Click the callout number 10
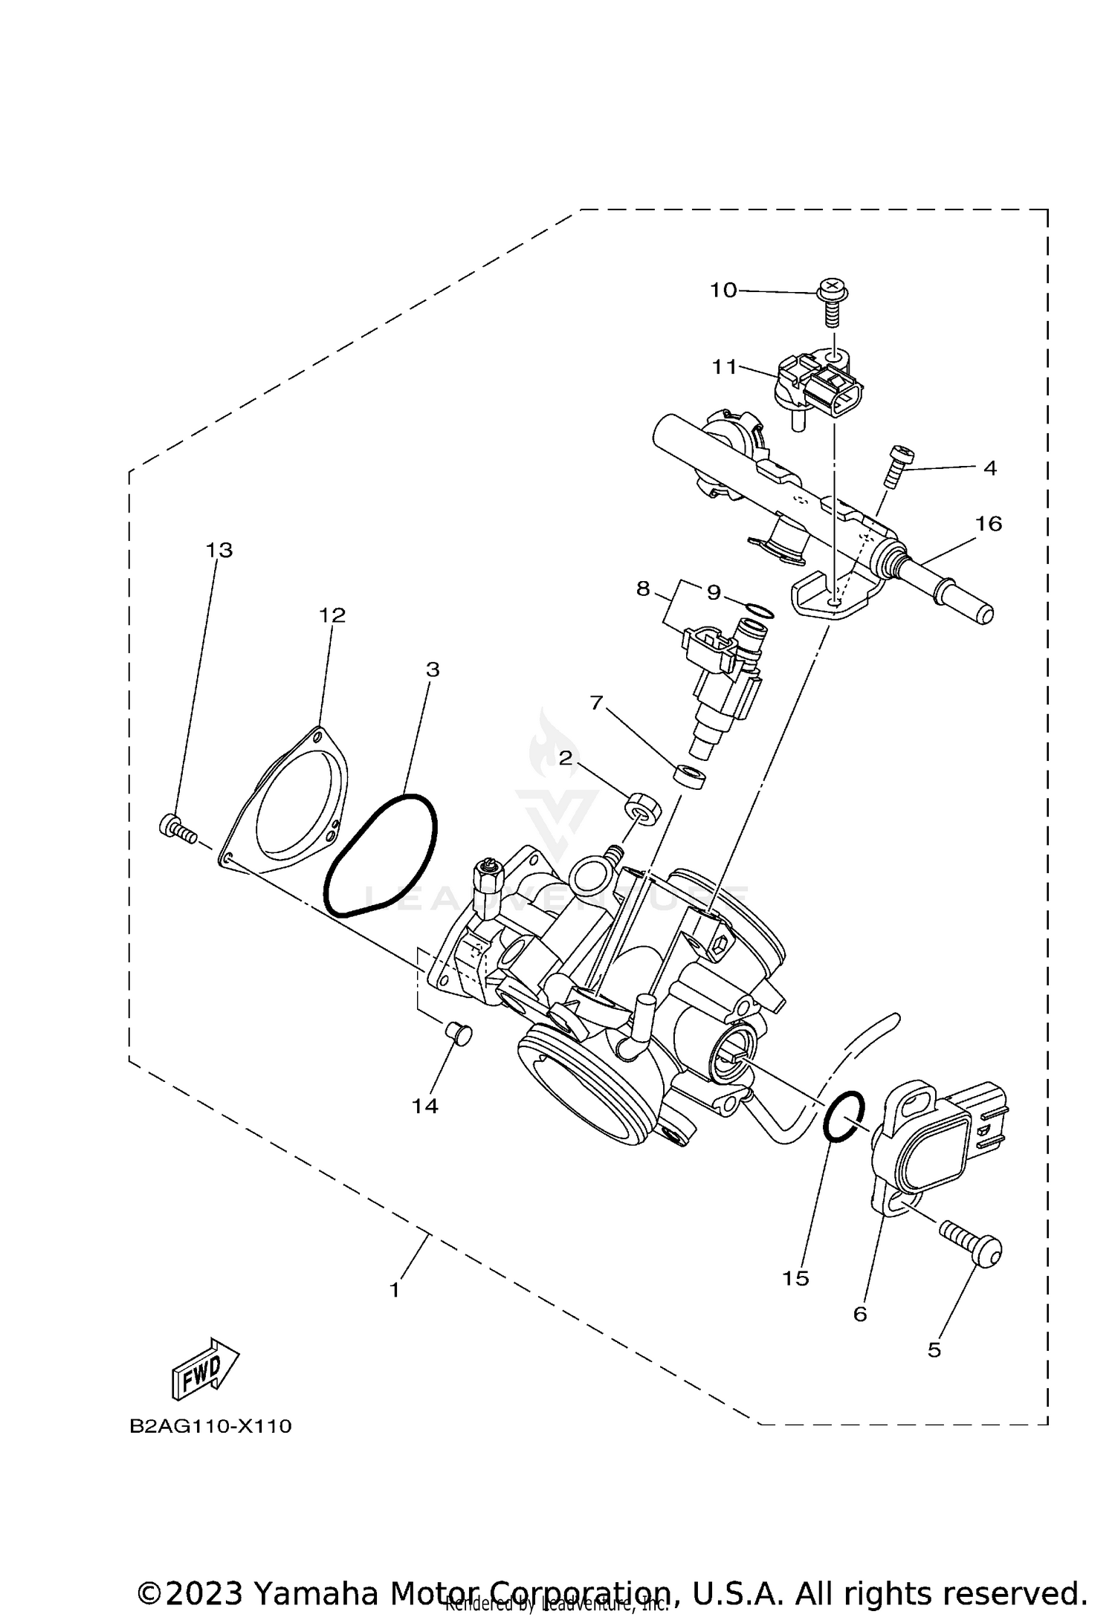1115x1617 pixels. coord(723,290)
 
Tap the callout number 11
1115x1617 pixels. coord(724,366)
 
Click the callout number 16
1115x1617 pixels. coord(989,524)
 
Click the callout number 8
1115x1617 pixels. coord(643,589)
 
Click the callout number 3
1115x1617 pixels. coord(433,670)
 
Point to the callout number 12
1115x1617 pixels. coord(333,615)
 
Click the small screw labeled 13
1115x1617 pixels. coord(177,827)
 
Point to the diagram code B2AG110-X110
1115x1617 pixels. coord(210,1426)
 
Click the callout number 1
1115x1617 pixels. coord(395,1289)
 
